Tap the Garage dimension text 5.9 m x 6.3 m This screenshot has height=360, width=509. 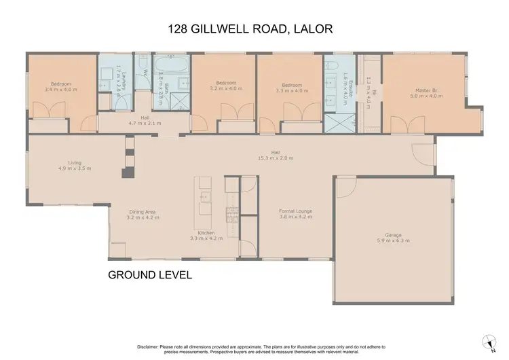393,240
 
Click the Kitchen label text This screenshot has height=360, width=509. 206,233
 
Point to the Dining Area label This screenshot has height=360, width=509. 143,212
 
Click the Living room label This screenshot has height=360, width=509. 66,163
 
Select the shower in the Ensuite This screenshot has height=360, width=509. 335,124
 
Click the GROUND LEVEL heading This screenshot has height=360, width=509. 150,275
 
